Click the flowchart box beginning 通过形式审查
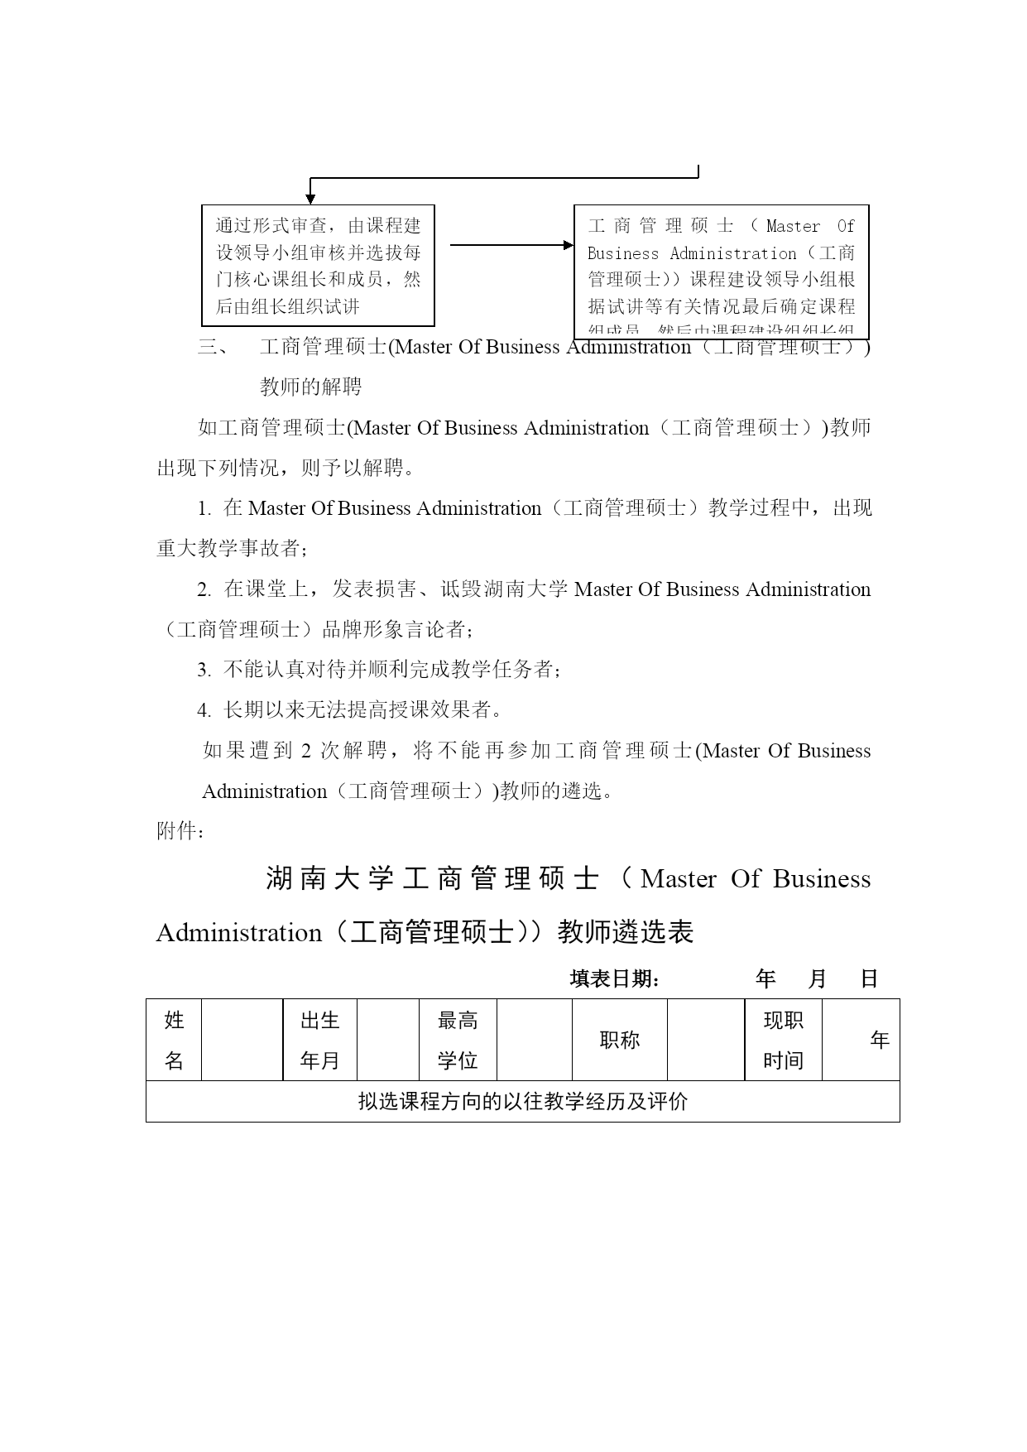(318, 265)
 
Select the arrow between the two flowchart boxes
(511, 245)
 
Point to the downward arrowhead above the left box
(310, 199)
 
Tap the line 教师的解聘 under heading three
(310, 387)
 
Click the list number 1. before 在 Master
(204, 509)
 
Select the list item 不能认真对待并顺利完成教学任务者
(391, 670)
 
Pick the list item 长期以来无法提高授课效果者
(362, 710)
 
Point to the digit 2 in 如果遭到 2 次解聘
(305, 752)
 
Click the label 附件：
(180, 831)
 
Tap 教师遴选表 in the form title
(626, 933)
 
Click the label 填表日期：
(615, 979)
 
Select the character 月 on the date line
(817, 979)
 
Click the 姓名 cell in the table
(174, 1040)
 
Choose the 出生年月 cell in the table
(319, 1040)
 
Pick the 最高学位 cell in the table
(458, 1040)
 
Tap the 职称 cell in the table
(620, 1040)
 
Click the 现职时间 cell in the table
(783, 1040)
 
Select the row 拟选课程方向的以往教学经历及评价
(522, 1102)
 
